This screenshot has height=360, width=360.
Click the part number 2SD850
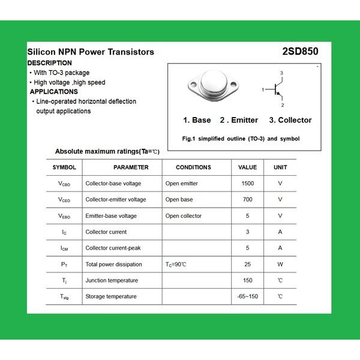300,52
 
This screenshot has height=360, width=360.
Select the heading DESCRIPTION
50,63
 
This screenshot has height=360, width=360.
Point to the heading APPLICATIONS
54,92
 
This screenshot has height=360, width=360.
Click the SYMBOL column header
64,167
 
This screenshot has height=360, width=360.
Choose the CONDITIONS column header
193,167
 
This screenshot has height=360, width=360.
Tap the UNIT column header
280,167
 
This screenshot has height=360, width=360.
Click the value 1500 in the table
247,184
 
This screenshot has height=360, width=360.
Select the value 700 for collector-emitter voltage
247,200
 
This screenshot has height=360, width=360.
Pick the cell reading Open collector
184,216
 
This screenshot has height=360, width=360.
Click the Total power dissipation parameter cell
113,265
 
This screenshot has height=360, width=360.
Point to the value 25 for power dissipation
247,265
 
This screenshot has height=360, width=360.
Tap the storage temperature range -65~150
247,297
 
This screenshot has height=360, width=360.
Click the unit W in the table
280,265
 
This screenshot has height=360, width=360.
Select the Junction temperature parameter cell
112,281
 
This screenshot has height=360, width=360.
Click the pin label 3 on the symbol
281,73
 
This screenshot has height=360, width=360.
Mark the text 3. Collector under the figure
290,120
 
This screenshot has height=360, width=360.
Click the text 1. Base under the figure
197,120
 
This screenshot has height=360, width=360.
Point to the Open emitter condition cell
181,184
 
